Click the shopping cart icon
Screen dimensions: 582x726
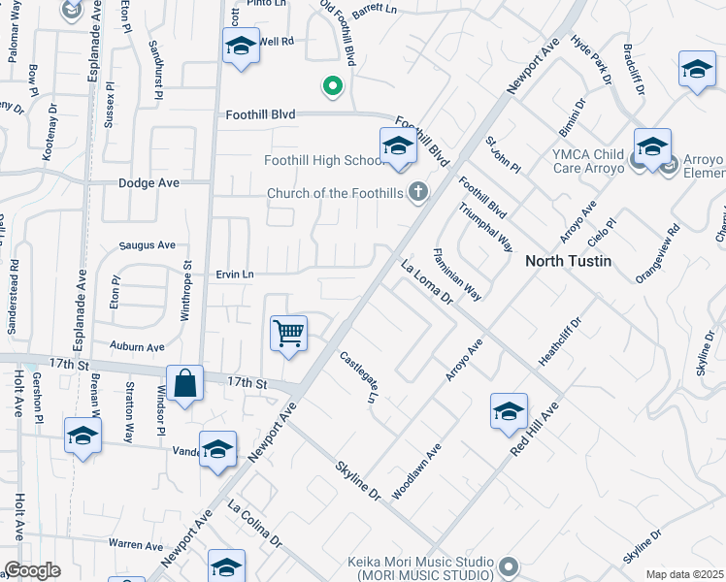(289, 334)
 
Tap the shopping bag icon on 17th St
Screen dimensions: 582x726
(184, 383)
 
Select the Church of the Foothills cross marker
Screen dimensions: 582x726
(418, 192)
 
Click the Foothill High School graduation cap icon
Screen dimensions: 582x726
(398, 146)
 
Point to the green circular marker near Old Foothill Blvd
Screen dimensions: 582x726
(333, 87)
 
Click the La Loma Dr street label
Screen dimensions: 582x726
(428, 282)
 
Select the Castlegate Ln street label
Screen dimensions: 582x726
(358, 378)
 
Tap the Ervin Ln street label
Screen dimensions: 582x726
(234, 275)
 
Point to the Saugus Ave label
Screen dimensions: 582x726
(148, 245)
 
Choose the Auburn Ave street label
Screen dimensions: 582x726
(137, 346)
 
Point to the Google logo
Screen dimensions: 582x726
(32, 570)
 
